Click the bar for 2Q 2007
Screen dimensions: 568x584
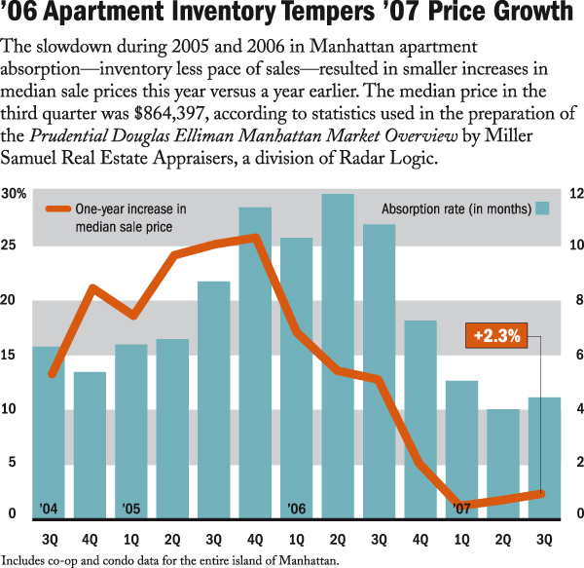[503, 463]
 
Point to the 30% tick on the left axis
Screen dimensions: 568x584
[14, 195]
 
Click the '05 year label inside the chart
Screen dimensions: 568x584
[131, 509]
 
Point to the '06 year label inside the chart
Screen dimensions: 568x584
[297, 509]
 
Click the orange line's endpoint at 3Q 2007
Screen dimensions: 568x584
[541, 494]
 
